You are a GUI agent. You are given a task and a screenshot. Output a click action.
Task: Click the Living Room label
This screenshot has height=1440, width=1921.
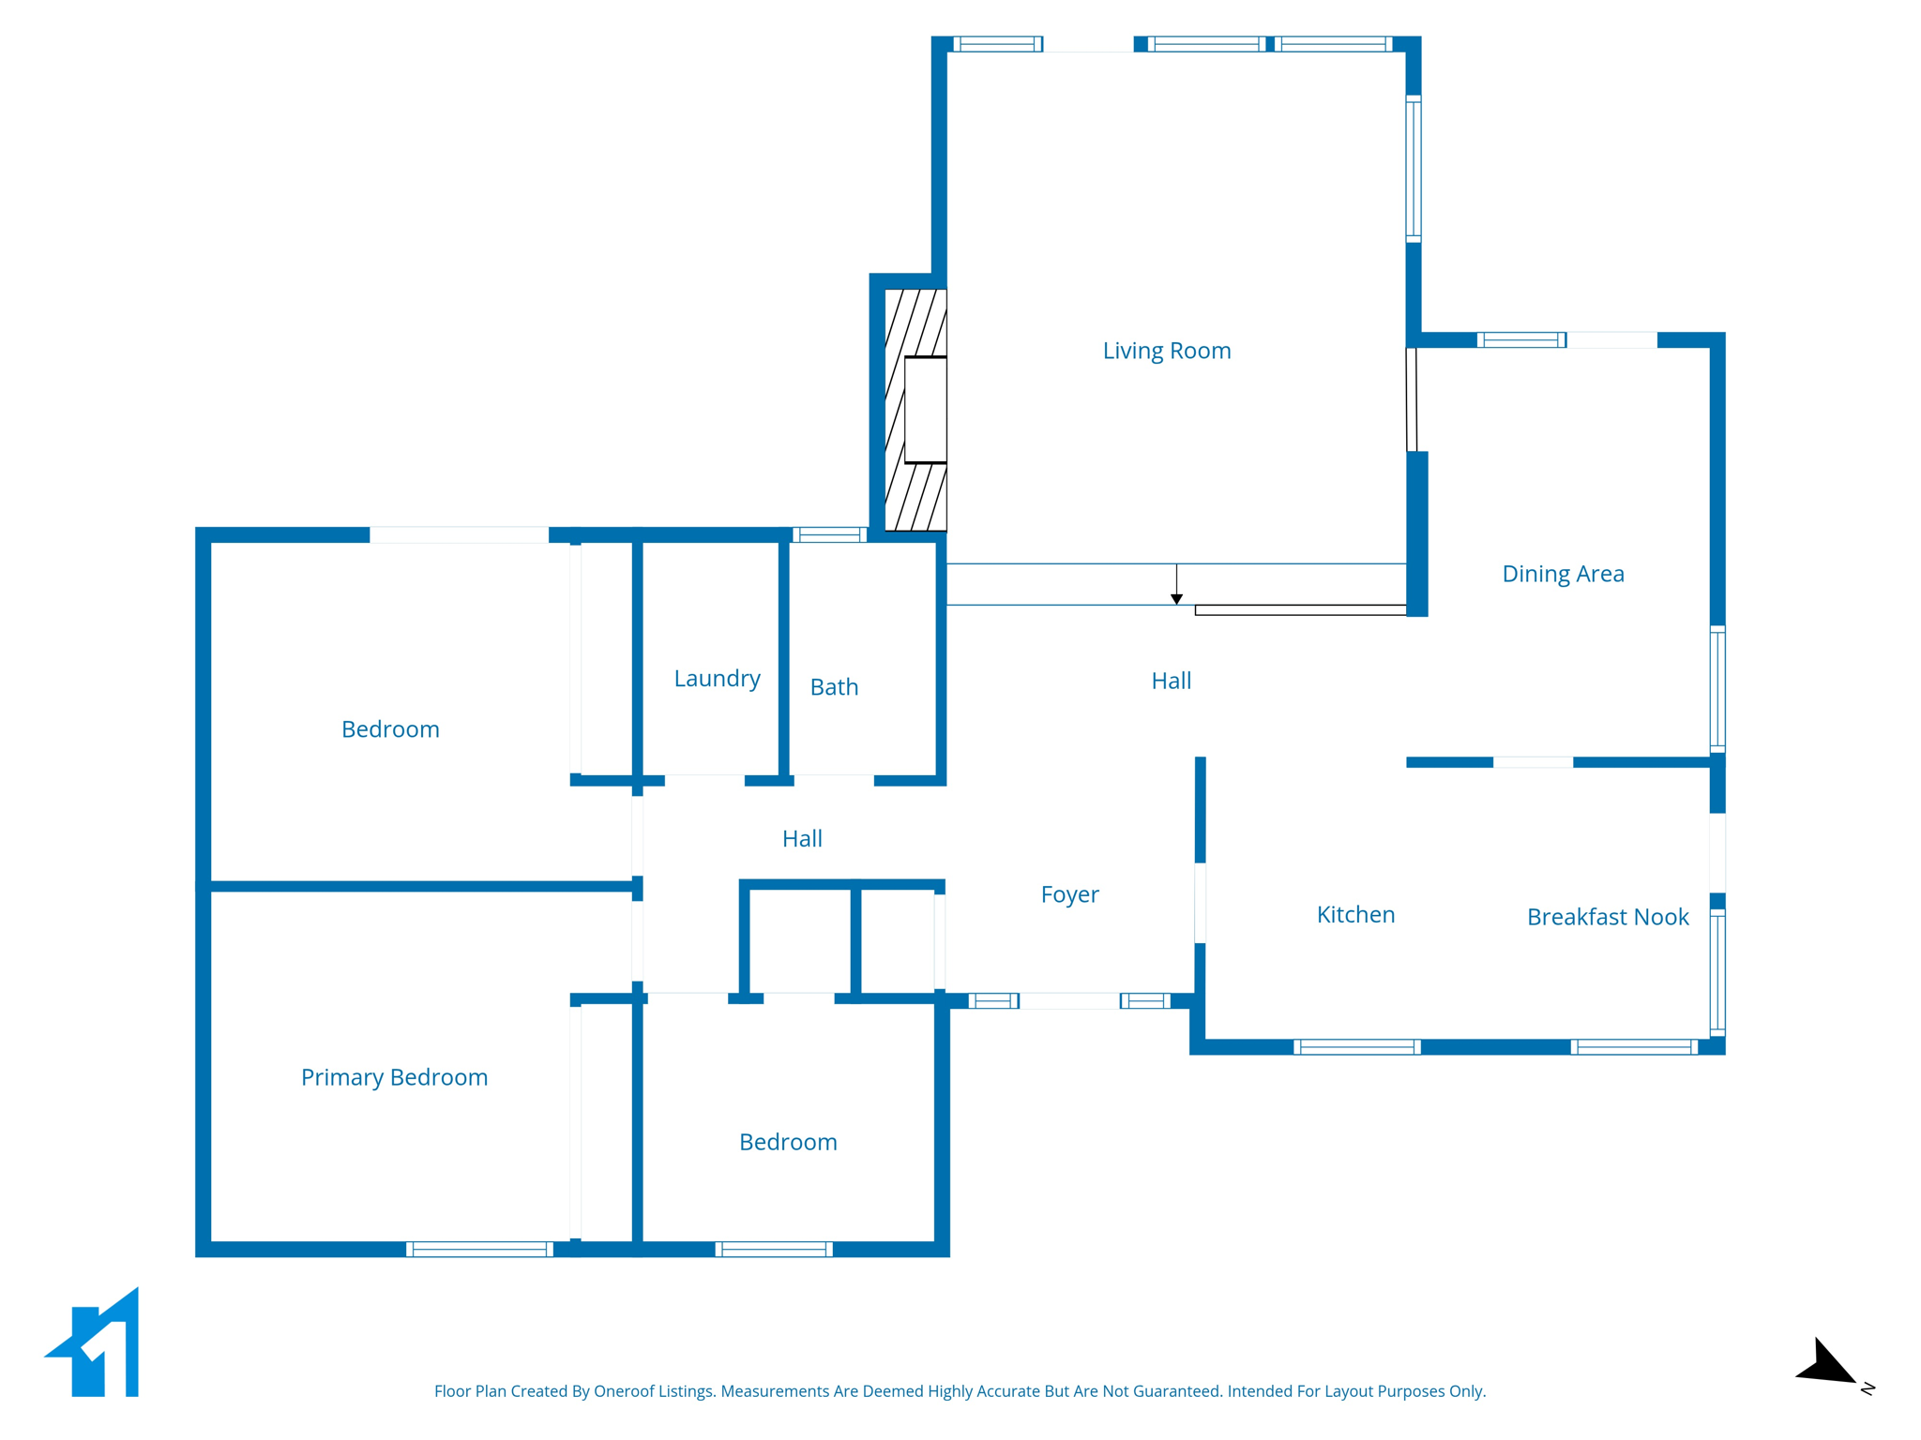click(x=1166, y=351)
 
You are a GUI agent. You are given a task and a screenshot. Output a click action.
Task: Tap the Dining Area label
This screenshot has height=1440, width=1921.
click(x=1563, y=574)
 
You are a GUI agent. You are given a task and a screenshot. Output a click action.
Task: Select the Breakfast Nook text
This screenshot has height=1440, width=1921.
click(x=1608, y=917)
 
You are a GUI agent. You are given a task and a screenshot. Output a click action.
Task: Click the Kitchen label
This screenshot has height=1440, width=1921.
click(x=1355, y=914)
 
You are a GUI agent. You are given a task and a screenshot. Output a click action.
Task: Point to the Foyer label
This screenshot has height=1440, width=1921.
click(x=1069, y=894)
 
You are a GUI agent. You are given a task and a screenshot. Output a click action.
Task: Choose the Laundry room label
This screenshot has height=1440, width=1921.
click(x=717, y=678)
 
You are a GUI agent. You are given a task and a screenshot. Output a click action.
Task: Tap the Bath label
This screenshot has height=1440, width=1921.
click(x=834, y=687)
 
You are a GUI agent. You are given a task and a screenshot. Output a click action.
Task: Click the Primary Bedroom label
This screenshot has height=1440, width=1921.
click(x=394, y=1077)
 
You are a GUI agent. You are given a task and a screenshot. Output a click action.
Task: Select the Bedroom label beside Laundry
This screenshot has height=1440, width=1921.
click(x=390, y=729)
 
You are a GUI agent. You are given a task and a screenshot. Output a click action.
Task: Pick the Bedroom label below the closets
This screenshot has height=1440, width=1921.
click(x=788, y=1142)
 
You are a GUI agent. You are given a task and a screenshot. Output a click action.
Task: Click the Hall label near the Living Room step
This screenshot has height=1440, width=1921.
click(x=1171, y=681)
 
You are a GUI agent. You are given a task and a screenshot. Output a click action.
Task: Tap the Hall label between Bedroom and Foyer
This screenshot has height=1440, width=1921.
click(x=802, y=838)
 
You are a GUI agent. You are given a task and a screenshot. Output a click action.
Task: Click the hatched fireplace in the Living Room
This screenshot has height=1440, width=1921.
click(x=915, y=410)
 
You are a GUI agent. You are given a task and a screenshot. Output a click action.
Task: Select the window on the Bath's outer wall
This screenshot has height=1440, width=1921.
click(x=829, y=535)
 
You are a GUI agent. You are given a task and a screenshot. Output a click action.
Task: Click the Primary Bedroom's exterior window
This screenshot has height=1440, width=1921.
click(x=479, y=1249)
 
